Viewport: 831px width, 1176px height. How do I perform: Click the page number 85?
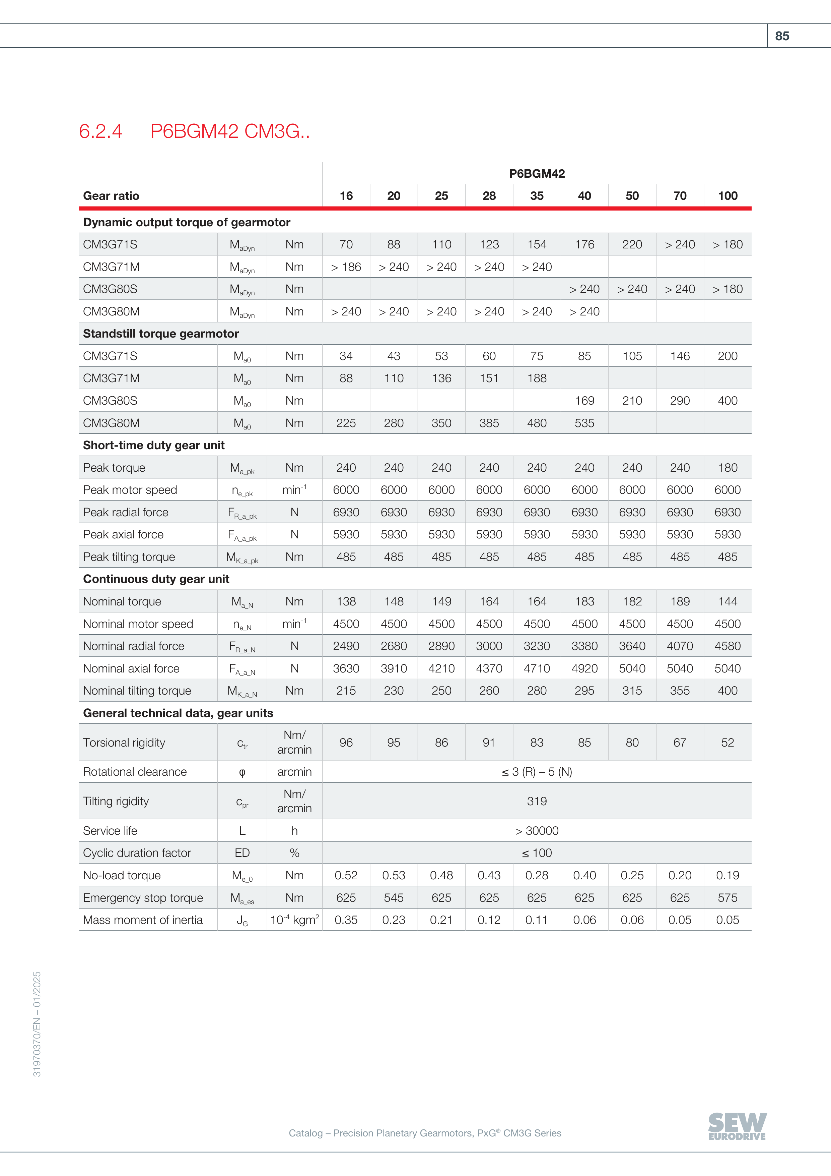pyautogui.click(x=781, y=36)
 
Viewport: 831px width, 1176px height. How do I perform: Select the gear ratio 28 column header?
pyautogui.click(x=489, y=196)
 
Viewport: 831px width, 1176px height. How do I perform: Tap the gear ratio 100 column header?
pyautogui.click(x=727, y=196)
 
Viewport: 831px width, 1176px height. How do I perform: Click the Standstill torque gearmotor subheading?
pyautogui.click(x=161, y=334)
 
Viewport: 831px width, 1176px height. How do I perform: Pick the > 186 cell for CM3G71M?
pyautogui.click(x=346, y=267)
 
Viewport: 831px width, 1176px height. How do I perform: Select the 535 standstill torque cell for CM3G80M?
pyautogui.click(x=584, y=423)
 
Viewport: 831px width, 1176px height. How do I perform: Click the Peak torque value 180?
pyautogui.click(x=727, y=468)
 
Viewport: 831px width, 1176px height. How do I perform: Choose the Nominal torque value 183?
pyautogui.click(x=584, y=601)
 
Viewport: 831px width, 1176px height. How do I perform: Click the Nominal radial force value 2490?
pyautogui.click(x=346, y=646)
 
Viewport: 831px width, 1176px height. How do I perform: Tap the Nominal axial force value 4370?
pyautogui.click(x=489, y=668)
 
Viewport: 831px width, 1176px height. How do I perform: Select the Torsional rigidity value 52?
pyautogui.click(x=727, y=742)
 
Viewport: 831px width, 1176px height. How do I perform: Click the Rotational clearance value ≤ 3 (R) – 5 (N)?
pyautogui.click(x=537, y=772)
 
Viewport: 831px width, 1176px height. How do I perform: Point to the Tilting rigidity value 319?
pyautogui.click(x=537, y=801)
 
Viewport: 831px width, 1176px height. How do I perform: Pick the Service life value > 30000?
pyautogui.click(x=537, y=831)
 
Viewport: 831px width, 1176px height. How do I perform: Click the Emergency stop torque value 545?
pyautogui.click(x=394, y=898)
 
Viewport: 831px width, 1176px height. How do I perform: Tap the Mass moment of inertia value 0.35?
pyautogui.click(x=346, y=920)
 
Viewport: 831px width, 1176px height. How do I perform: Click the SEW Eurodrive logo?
pyautogui.click(x=737, y=1126)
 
